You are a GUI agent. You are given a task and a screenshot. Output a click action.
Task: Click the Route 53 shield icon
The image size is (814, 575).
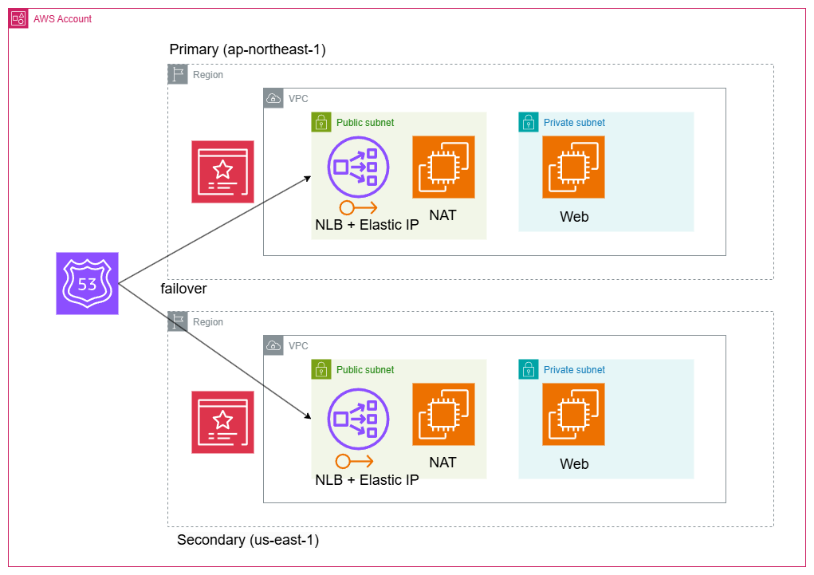[x=88, y=283]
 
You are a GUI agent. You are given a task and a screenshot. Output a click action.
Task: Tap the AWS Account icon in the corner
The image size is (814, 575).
[x=18, y=18]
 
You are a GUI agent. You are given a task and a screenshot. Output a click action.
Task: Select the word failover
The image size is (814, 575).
[x=183, y=289]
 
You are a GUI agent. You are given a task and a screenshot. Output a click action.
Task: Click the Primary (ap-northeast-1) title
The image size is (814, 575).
[x=247, y=49]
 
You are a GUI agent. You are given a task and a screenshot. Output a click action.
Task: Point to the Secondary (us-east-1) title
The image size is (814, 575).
[x=248, y=540]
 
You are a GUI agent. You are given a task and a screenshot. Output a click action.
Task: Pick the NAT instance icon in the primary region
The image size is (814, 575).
[x=443, y=167]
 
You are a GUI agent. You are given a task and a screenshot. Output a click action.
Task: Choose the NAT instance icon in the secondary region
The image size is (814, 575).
[x=443, y=414]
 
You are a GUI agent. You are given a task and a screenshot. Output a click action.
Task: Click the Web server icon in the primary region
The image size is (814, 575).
[x=573, y=167]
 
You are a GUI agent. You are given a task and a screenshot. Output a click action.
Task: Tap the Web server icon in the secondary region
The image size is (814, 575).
[x=573, y=414]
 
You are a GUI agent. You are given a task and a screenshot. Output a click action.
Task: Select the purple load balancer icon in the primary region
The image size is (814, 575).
[x=359, y=167]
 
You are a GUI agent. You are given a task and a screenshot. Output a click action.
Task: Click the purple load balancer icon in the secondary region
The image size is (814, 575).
[x=359, y=414]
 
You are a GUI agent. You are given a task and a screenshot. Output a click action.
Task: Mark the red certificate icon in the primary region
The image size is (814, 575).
[x=222, y=171]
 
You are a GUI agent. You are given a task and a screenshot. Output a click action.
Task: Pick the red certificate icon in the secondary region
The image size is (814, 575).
[x=222, y=422]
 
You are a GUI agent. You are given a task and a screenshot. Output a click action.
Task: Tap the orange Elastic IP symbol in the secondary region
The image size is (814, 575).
[x=354, y=461]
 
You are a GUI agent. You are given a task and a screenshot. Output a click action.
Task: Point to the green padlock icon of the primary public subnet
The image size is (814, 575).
[x=320, y=122]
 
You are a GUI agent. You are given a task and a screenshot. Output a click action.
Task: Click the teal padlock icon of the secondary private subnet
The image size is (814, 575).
[x=528, y=369]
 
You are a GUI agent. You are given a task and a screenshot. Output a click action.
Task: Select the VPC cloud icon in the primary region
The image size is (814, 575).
[x=273, y=98]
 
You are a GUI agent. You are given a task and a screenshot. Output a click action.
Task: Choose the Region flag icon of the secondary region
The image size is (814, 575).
[x=177, y=321]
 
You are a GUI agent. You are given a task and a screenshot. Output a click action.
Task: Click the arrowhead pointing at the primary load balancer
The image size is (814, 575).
[x=307, y=179]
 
